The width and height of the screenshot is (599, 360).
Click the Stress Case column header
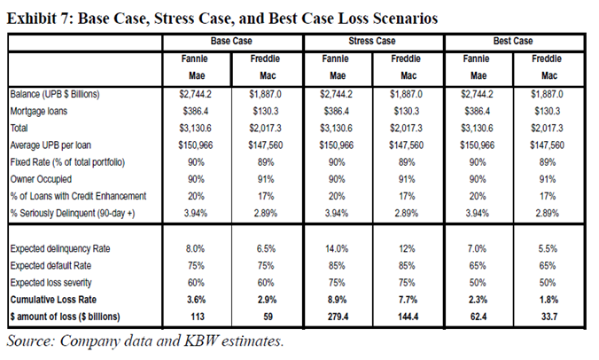(371, 41)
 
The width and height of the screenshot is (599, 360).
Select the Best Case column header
(513, 41)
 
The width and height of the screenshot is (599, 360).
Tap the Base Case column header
(231, 41)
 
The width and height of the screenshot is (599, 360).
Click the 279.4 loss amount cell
(338, 317)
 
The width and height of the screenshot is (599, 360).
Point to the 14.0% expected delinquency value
(337, 249)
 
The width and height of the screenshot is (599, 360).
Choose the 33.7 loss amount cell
(549, 317)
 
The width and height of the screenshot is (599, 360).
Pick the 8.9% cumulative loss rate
(337, 300)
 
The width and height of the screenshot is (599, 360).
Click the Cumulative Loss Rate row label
(53, 300)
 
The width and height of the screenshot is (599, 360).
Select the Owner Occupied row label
(41, 179)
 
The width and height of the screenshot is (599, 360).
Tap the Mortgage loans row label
(39, 111)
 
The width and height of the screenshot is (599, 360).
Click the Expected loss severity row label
(51, 283)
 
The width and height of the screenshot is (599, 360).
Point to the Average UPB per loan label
(51, 145)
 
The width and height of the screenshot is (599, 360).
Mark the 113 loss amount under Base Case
(197, 317)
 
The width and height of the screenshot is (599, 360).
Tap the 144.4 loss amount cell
(408, 317)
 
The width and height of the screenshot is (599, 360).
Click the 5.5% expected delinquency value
(548, 249)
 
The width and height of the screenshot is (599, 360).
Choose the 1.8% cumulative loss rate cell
(548, 300)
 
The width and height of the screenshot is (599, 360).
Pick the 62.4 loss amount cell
(478, 317)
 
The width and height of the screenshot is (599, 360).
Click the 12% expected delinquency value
(407, 249)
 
